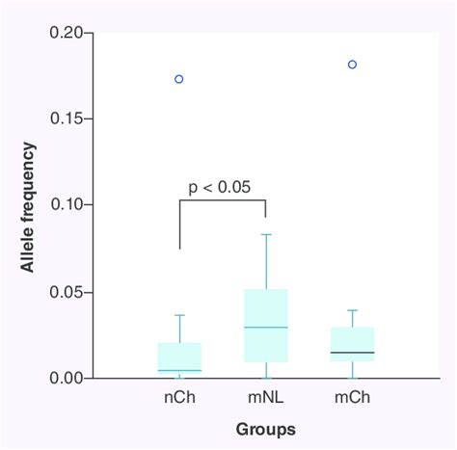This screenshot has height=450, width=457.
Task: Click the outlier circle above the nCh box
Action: coord(179,79)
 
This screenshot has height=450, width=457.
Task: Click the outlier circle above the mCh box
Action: coord(352,65)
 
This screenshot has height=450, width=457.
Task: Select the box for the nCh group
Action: coord(179,357)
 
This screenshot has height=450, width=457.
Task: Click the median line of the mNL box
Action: coord(265,328)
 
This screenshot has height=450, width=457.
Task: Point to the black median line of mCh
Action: coord(352,353)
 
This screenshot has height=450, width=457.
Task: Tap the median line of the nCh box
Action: coord(179,370)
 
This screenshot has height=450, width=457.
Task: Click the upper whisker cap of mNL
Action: coord(265,234)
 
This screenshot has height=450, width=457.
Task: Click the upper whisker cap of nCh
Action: coord(179,315)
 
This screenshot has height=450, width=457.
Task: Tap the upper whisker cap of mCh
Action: coord(352,310)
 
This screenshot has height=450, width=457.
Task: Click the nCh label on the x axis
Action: coord(179,396)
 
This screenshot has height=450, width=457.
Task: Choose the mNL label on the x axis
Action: coord(265,396)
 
